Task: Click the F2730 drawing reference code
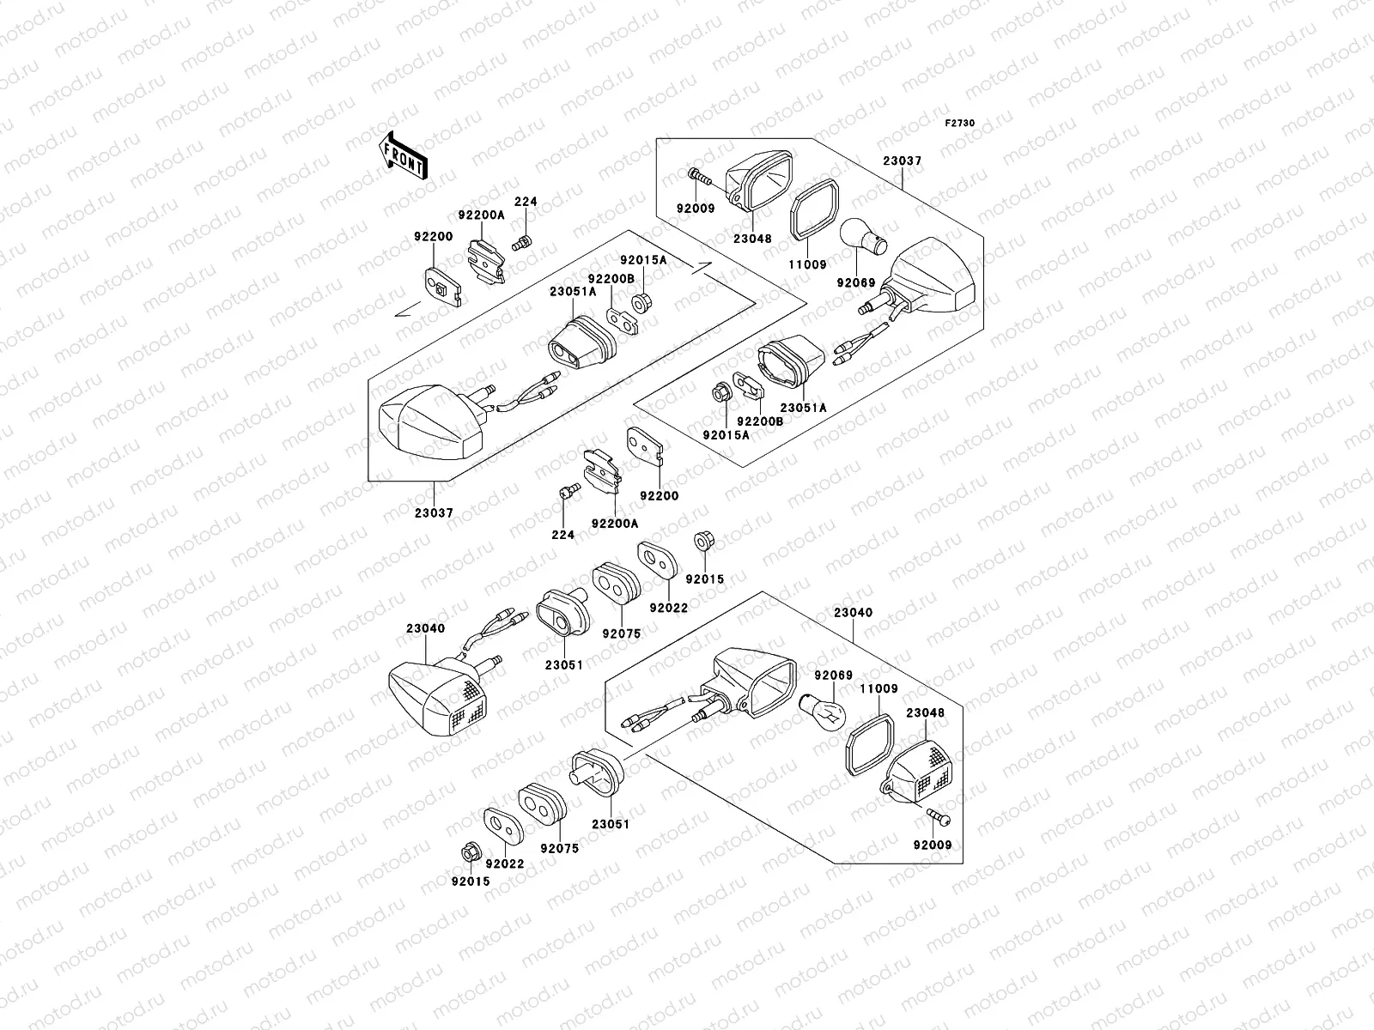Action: click(x=960, y=124)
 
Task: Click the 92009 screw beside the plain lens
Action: click(x=699, y=178)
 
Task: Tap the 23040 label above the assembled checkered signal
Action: click(x=426, y=628)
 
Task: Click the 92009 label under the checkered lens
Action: click(x=933, y=845)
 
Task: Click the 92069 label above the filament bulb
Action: click(x=833, y=676)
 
